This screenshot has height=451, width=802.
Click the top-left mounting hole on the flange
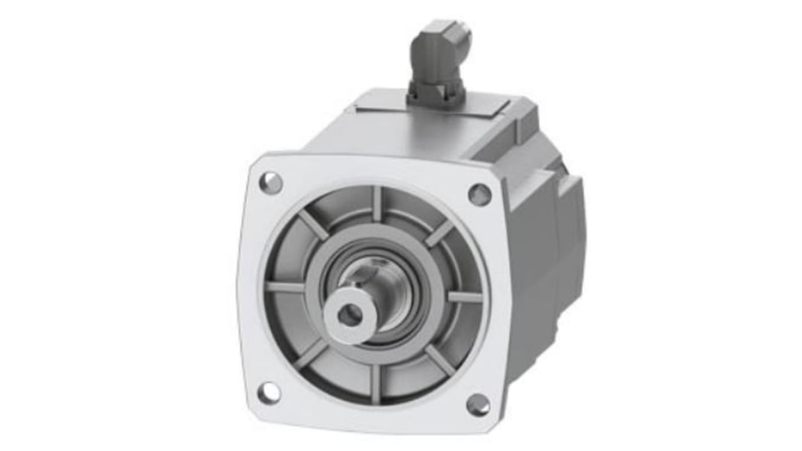coord(271,183)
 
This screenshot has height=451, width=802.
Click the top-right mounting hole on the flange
coord(480,194)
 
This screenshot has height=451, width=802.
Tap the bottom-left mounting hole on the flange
coord(269,392)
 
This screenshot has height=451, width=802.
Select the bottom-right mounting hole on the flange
coord(478,405)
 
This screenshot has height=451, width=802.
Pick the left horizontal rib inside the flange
coord(285,287)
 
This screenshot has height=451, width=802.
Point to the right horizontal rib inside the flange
coord(465,297)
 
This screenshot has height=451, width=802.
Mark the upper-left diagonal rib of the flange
coord(312,225)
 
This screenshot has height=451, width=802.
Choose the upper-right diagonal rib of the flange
coord(439,233)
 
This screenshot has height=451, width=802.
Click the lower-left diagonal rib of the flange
coord(311,354)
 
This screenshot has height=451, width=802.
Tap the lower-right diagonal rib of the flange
coord(439,360)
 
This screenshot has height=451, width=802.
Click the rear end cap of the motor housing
coord(570,226)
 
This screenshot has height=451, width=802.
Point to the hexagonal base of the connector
coord(435,93)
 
